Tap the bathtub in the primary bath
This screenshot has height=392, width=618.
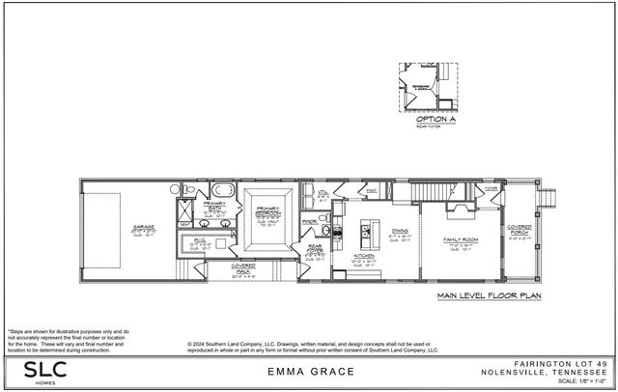point(219,188)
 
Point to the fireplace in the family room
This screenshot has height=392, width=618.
point(459,205)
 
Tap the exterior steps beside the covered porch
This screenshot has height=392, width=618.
point(552,198)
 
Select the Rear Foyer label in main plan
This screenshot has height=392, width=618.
point(315,250)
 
